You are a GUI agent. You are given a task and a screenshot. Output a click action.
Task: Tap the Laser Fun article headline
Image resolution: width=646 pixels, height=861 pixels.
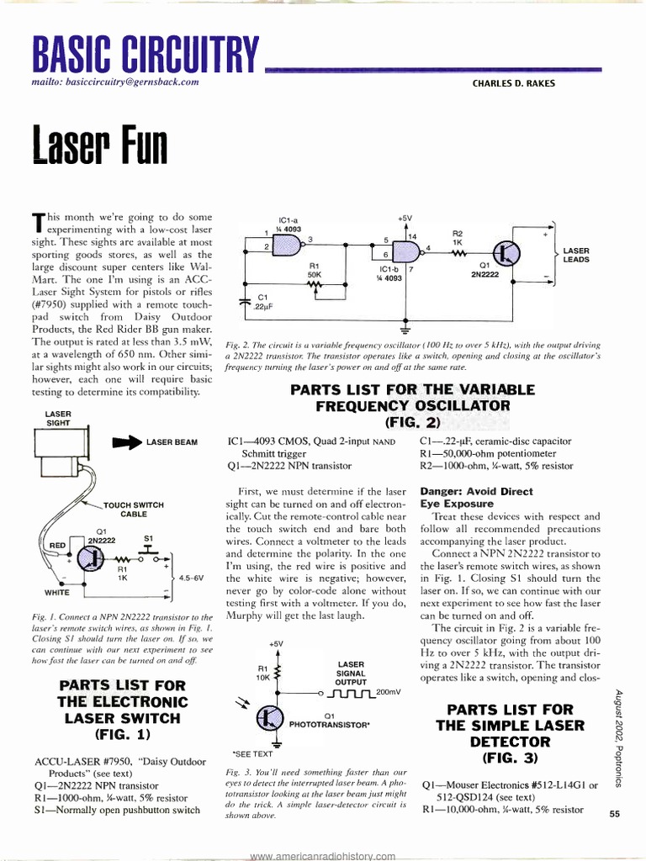[99, 145]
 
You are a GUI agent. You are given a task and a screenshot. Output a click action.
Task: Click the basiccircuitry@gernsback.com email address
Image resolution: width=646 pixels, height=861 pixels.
[114, 82]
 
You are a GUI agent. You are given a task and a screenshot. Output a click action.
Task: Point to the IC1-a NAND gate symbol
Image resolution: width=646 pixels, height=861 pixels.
[290, 243]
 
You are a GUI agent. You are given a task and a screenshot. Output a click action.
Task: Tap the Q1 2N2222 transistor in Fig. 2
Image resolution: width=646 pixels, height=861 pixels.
[506, 253]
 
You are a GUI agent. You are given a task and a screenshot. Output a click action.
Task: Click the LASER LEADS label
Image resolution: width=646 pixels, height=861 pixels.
[576, 255]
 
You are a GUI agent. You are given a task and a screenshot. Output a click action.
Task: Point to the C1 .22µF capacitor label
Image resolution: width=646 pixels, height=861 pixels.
[262, 301]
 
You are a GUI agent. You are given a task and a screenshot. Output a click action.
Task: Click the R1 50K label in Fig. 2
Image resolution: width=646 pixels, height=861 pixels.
[315, 270]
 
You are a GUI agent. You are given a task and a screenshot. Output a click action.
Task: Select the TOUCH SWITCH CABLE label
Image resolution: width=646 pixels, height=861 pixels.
[134, 509]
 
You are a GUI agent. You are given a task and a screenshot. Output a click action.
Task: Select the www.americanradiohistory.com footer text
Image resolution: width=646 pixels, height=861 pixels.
[322, 855]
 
